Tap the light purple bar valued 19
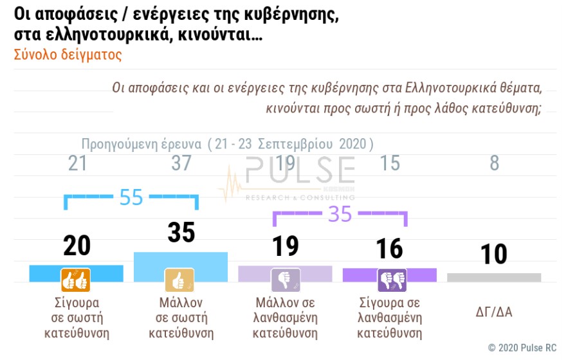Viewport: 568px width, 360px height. [285, 273]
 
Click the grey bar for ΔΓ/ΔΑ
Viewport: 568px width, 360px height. [494, 277]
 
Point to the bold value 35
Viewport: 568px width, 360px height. [181, 233]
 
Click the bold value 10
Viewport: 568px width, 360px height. [494, 253]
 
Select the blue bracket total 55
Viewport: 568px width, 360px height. [131, 197]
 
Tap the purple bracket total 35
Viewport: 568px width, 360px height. [340, 214]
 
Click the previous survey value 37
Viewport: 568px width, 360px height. [181, 163]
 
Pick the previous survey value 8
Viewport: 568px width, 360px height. [494, 163]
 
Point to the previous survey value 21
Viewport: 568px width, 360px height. [77, 163]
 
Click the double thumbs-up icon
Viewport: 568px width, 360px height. [76, 280]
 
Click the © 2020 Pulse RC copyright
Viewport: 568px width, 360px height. [521, 348]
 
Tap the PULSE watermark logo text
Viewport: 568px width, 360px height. [300, 170]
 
